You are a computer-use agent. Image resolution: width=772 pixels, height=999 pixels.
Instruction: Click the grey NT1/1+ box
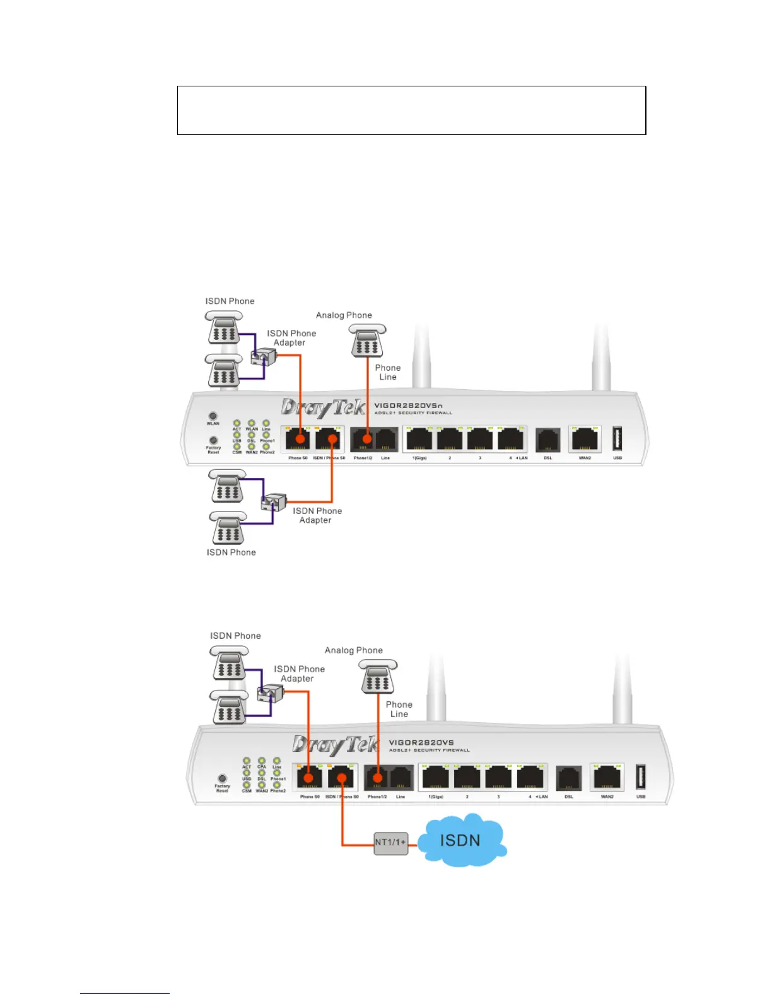[x=390, y=842]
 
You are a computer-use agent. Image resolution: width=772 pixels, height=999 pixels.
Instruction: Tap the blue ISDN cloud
[x=461, y=840]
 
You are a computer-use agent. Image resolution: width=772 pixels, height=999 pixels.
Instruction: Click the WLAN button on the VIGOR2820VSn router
[x=213, y=416]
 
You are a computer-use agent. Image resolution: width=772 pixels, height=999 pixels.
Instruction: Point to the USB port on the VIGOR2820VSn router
[x=617, y=438]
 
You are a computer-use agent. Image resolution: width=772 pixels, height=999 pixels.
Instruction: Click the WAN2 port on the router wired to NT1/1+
[x=606, y=778]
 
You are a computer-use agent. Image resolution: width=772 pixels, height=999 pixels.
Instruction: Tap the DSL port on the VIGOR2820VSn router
[x=547, y=440]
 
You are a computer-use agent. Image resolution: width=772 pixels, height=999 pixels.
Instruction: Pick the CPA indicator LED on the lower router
[x=262, y=761]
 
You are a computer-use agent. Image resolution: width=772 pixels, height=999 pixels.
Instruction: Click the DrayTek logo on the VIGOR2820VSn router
[x=323, y=407]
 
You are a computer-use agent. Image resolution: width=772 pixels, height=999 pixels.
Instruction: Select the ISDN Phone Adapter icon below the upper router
[x=274, y=503]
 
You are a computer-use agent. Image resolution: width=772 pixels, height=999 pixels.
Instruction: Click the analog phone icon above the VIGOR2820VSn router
[x=368, y=341]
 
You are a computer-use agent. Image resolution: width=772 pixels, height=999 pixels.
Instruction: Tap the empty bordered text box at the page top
[x=411, y=110]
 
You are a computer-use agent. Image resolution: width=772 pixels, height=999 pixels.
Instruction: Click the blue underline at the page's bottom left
[x=125, y=993]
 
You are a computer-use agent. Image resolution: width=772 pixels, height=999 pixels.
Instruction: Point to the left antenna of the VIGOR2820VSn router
[x=421, y=356]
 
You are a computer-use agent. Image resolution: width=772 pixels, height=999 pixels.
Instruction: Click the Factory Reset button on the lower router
[x=222, y=779]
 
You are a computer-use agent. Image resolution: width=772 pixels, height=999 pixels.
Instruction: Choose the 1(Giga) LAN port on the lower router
[x=436, y=778]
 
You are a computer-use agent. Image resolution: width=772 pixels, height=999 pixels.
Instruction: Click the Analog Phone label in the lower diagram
[x=353, y=650]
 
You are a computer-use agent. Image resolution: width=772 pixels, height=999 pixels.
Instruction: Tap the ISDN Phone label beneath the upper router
[x=231, y=552]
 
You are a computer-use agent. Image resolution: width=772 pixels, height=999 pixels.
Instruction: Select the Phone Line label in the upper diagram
[x=388, y=372]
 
